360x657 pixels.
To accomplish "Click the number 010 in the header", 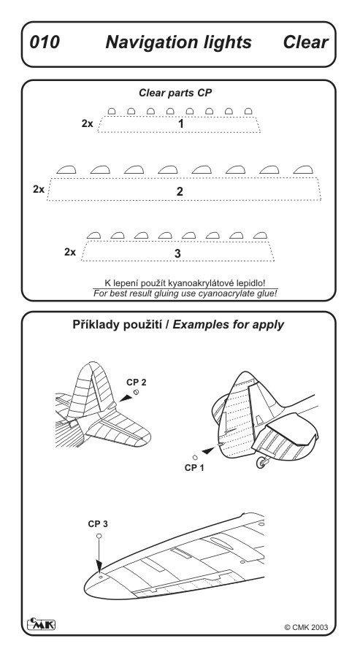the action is point(44,42).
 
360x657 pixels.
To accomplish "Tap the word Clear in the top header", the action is point(305,42).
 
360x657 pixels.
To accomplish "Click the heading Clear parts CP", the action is point(175,93).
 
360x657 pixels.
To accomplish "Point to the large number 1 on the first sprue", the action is point(180,124).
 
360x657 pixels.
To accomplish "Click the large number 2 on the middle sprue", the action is point(180,191).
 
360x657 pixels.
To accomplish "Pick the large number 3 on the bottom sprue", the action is point(177,253).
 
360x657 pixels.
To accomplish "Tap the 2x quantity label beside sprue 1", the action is point(87,124).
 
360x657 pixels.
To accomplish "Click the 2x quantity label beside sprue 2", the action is point(39,189).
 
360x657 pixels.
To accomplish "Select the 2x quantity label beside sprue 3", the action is point(70,253).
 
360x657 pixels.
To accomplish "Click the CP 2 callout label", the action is point(137,383).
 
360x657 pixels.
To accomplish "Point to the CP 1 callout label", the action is point(194,468).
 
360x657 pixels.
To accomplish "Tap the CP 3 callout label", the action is point(98,524).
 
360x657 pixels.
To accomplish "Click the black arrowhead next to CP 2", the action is point(126,398).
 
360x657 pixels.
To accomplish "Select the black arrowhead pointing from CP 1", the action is point(208,451).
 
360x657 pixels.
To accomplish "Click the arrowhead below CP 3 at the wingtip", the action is point(99,565).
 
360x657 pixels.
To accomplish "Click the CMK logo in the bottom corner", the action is point(41,624).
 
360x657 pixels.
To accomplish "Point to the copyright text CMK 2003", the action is point(307,627).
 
